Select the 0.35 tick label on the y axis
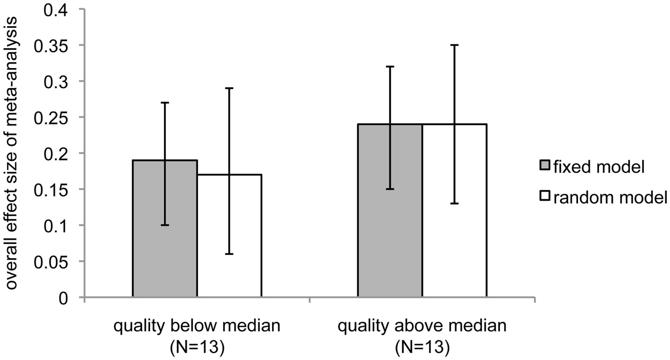pyautogui.click(x=51, y=46)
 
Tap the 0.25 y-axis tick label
pyautogui.click(x=51, y=118)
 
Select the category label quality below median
pyautogui.click(x=197, y=326)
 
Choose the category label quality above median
pyautogui.click(x=422, y=326)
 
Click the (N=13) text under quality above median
pyautogui.click(x=422, y=347)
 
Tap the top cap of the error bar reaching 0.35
pyautogui.click(x=455, y=45)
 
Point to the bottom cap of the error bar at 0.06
pyautogui.click(x=229, y=254)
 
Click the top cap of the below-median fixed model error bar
pyautogui.click(x=165, y=103)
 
